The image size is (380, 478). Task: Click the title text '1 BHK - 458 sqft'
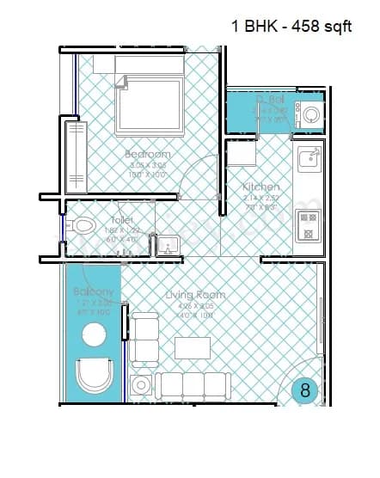pyautogui.click(x=291, y=26)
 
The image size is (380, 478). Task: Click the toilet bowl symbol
pyautogui.click(x=83, y=228)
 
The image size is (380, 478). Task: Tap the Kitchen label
pyautogui.click(x=260, y=187)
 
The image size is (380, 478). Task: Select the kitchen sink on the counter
pyautogui.click(x=308, y=158)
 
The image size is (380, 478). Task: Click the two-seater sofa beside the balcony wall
pyautogui.click(x=144, y=339)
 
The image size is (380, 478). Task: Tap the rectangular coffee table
pyautogui.click(x=193, y=347)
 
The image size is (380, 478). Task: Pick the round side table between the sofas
pyautogui.click(x=139, y=383)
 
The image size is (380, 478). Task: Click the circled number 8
pyautogui.click(x=304, y=389)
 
